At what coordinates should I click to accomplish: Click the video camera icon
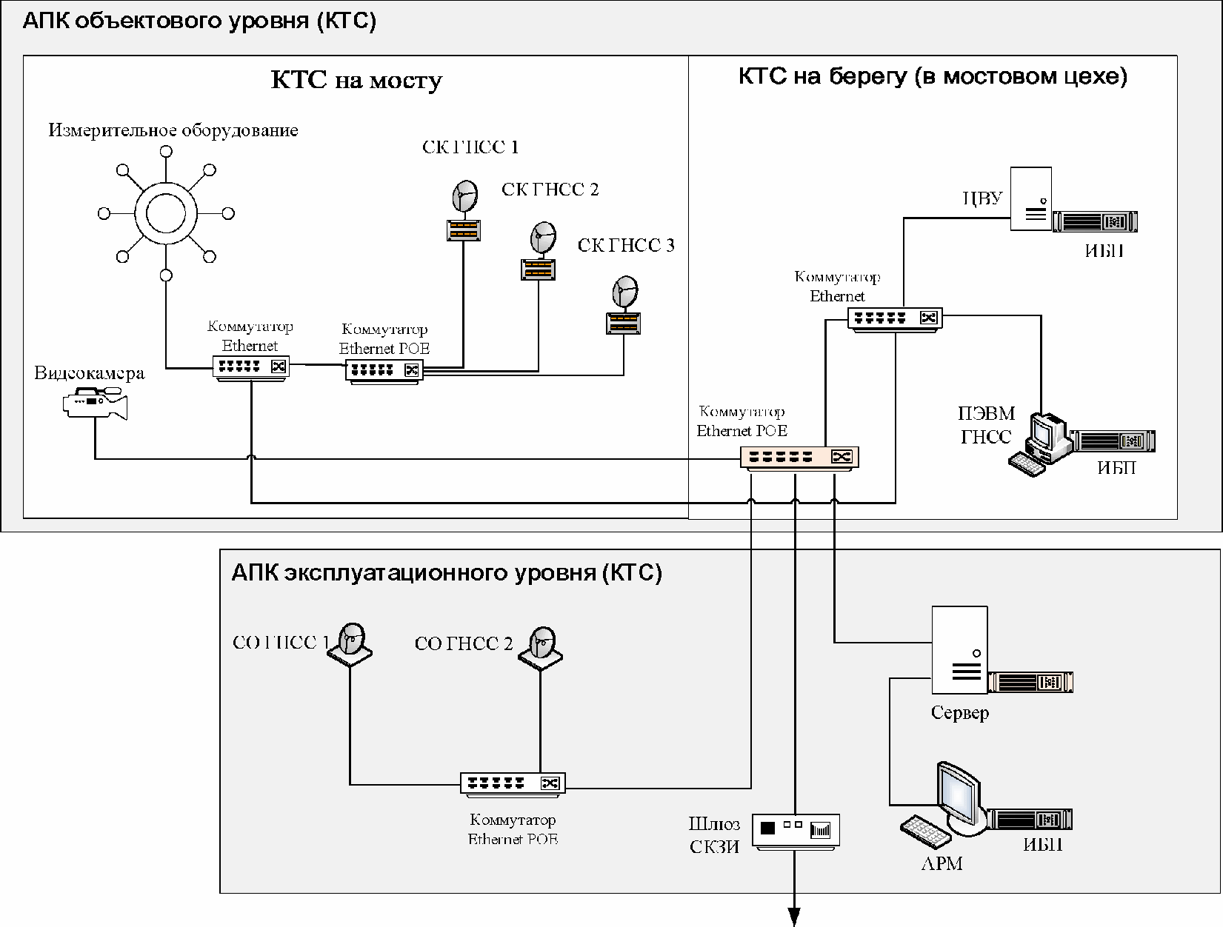coord(96,403)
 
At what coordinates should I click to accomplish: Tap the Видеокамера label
coord(89,372)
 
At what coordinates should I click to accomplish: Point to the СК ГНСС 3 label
coord(626,245)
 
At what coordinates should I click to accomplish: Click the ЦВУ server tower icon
coord(1031,198)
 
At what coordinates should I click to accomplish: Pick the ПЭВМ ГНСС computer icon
coord(1040,444)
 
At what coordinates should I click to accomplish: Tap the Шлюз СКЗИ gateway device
coord(796,831)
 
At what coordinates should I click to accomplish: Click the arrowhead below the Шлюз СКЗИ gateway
coord(794,917)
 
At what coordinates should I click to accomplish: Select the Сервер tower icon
coord(959,650)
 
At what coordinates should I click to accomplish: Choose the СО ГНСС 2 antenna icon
coord(541,648)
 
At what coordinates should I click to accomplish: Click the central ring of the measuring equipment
coord(165,213)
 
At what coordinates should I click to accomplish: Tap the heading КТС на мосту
coord(356,80)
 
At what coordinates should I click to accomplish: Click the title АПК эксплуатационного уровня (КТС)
coord(447,572)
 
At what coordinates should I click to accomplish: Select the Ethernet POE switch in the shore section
coord(799,458)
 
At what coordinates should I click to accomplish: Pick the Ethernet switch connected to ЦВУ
coord(895,319)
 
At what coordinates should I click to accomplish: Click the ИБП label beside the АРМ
coord(1043,845)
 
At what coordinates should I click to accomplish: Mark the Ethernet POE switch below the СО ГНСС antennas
coord(513,783)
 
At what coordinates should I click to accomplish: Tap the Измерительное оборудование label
coord(173,130)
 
